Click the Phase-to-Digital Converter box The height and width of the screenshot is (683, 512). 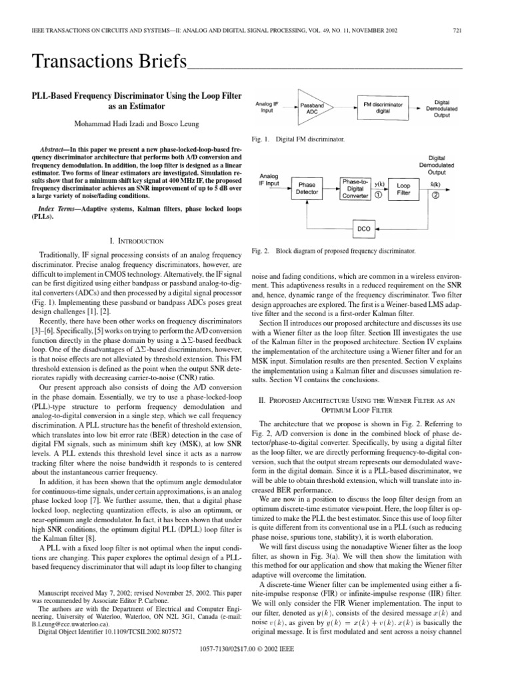(359, 187)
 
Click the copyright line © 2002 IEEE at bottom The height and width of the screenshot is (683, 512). (256, 668)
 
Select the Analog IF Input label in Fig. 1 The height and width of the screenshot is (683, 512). (269, 107)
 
